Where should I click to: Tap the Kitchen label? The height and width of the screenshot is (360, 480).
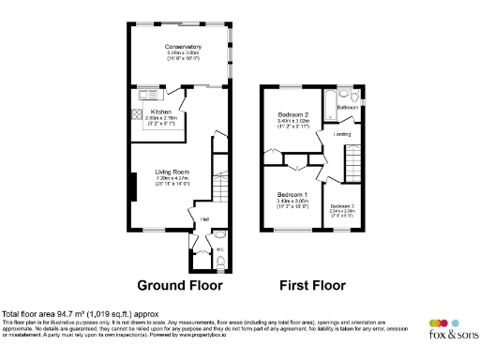[161, 112]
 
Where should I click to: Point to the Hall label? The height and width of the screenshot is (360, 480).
[204, 220]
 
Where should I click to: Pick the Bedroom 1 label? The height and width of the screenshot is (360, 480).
[293, 194]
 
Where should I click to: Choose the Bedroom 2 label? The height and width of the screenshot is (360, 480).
[292, 114]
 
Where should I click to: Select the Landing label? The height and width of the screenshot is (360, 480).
[343, 134]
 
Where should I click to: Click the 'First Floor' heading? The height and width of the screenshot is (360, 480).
[311, 285]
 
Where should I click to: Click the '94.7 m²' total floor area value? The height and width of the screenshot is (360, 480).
[68, 313]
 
